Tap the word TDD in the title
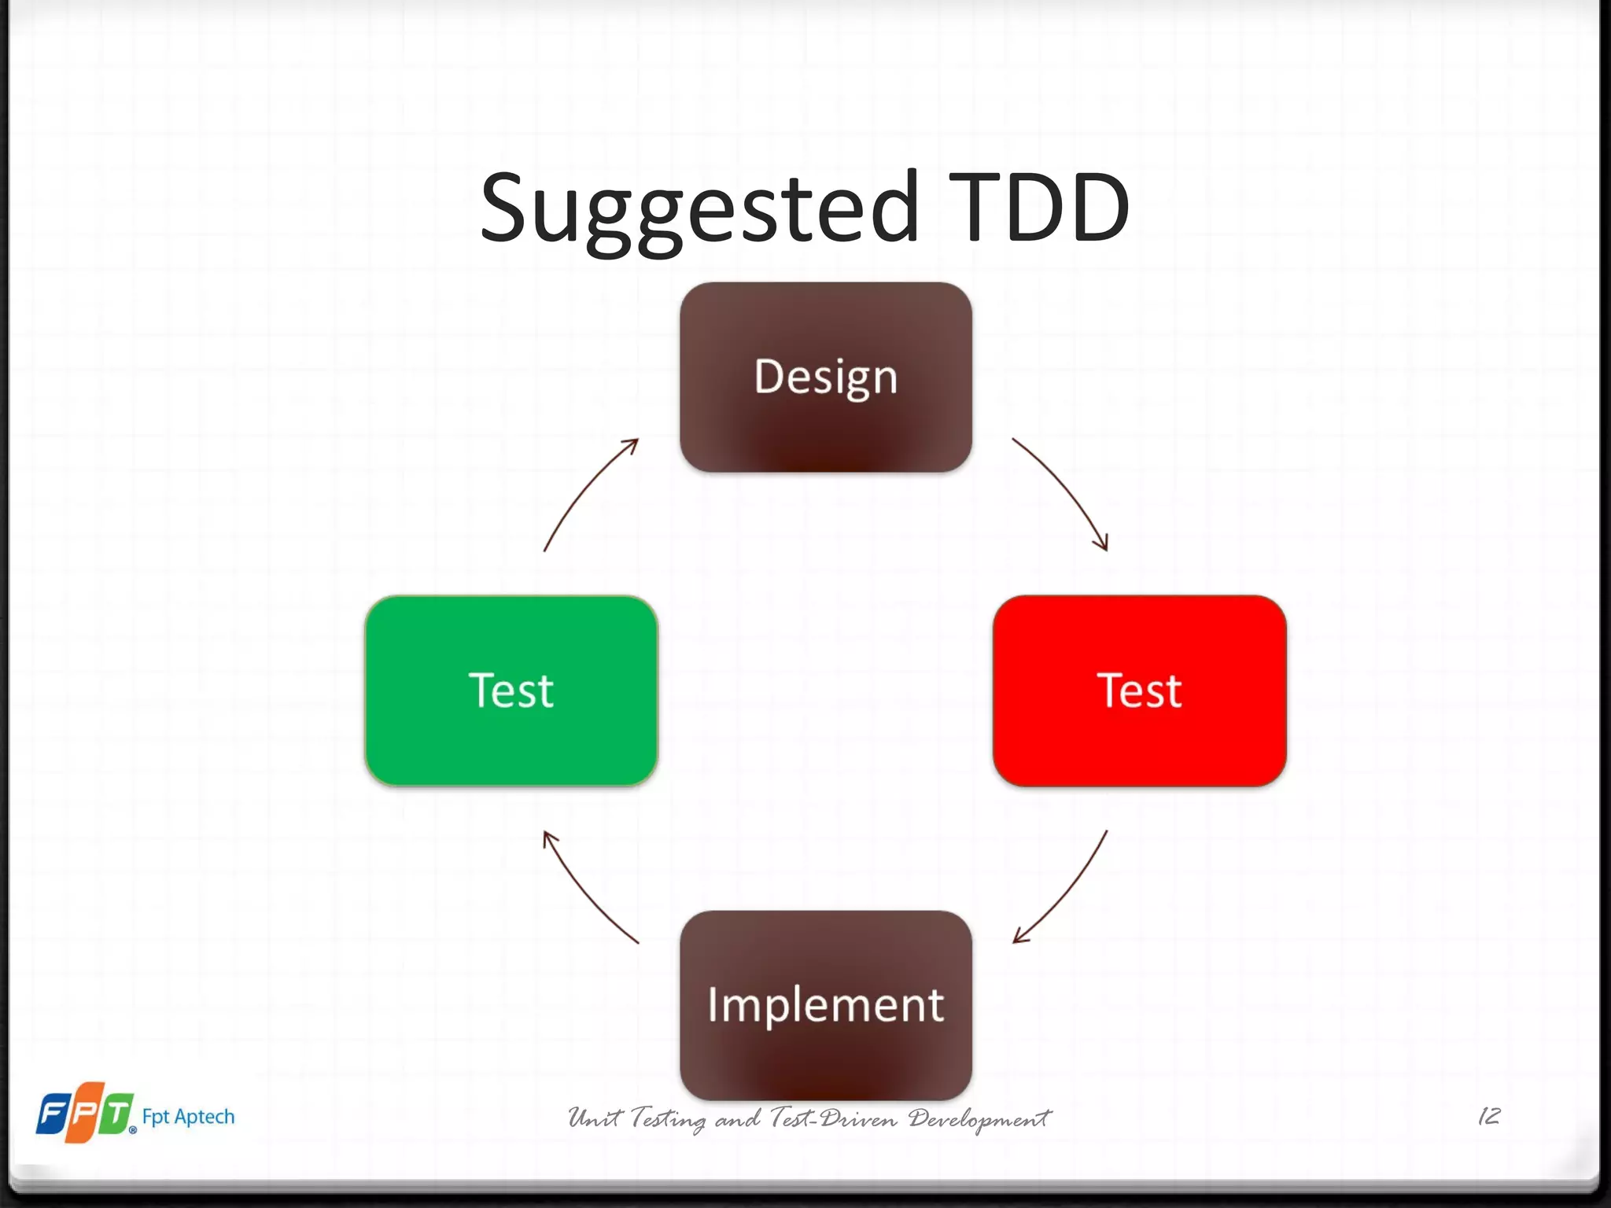1040,208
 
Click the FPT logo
85,1112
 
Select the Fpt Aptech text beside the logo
188,1117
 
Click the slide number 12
1489,1116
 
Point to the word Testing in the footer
668,1118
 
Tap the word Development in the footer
979,1118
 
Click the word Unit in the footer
595,1118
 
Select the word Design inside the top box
825,377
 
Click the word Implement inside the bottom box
825,1005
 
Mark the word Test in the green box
511,691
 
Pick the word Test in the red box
1139,691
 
